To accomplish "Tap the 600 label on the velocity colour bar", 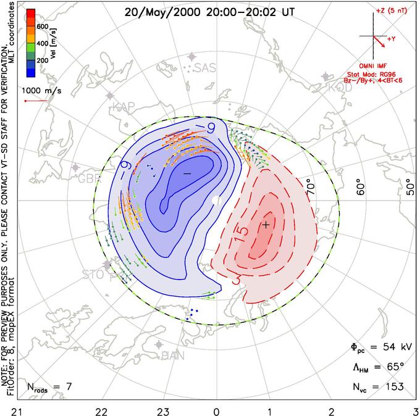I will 43,27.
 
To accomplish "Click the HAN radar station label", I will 173,355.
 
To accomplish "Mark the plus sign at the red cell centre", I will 266,225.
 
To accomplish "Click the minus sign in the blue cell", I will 187,175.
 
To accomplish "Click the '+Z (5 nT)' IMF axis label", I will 389,12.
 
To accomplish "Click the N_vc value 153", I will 393,386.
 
